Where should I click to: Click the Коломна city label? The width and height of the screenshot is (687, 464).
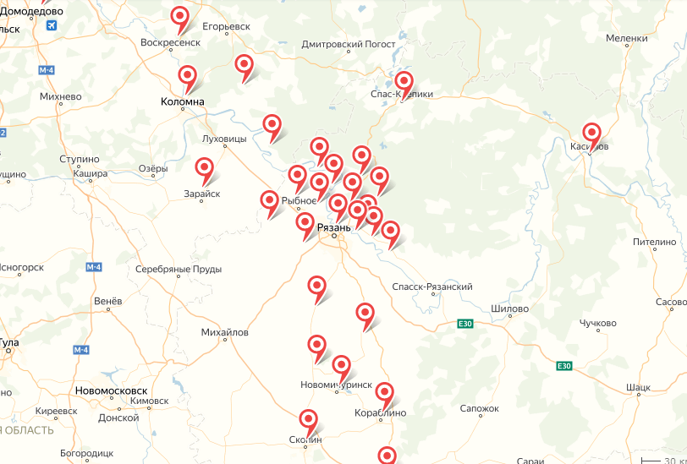click(183, 102)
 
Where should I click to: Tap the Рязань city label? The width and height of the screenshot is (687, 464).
click(333, 228)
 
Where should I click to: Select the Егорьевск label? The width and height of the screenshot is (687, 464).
click(226, 26)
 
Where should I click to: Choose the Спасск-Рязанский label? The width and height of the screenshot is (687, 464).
click(432, 287)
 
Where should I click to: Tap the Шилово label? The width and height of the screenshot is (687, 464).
click(509, 309)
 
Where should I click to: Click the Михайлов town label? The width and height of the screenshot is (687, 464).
click(225, 332)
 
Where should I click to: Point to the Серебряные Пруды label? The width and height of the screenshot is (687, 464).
click(179, 270)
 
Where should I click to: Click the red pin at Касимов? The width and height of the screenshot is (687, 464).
click(591, 134)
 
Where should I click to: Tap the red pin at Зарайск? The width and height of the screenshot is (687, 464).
click(205, 169)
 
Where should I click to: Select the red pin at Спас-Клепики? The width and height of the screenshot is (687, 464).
click(404, 83)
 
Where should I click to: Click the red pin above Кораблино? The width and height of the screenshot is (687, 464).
click(384, 393)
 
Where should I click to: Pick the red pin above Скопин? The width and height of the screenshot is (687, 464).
click(309, 420)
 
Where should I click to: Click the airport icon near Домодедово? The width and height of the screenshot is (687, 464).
click(51, 25)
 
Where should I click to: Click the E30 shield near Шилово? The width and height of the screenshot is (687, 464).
click(464, 323)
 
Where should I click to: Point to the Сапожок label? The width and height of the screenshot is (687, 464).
click(480, 408)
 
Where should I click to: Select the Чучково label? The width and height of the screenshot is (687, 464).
click(597, 324)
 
